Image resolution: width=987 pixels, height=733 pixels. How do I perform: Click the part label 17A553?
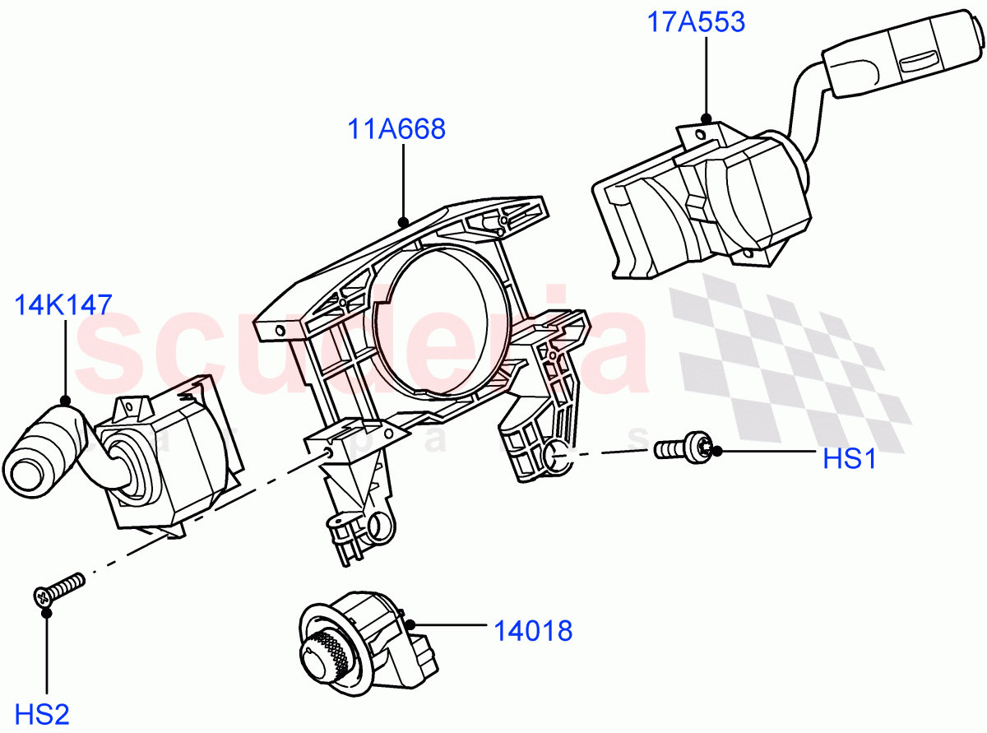(695, 21)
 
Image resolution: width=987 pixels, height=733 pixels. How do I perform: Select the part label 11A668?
(396, 129)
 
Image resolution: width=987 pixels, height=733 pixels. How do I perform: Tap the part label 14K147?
(63, 306)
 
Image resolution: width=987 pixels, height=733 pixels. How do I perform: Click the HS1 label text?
(850, 459)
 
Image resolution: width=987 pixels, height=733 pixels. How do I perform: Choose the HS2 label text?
(45, 713)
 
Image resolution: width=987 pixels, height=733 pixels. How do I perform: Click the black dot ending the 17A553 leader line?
(706, 119)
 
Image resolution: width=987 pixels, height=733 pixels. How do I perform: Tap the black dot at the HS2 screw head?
(47, 612)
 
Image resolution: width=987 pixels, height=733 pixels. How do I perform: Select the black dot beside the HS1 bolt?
(716, 451)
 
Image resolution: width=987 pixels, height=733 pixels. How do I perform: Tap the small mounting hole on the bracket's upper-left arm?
(280, 331)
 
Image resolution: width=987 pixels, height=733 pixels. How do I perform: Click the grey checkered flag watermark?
(790, 362)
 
